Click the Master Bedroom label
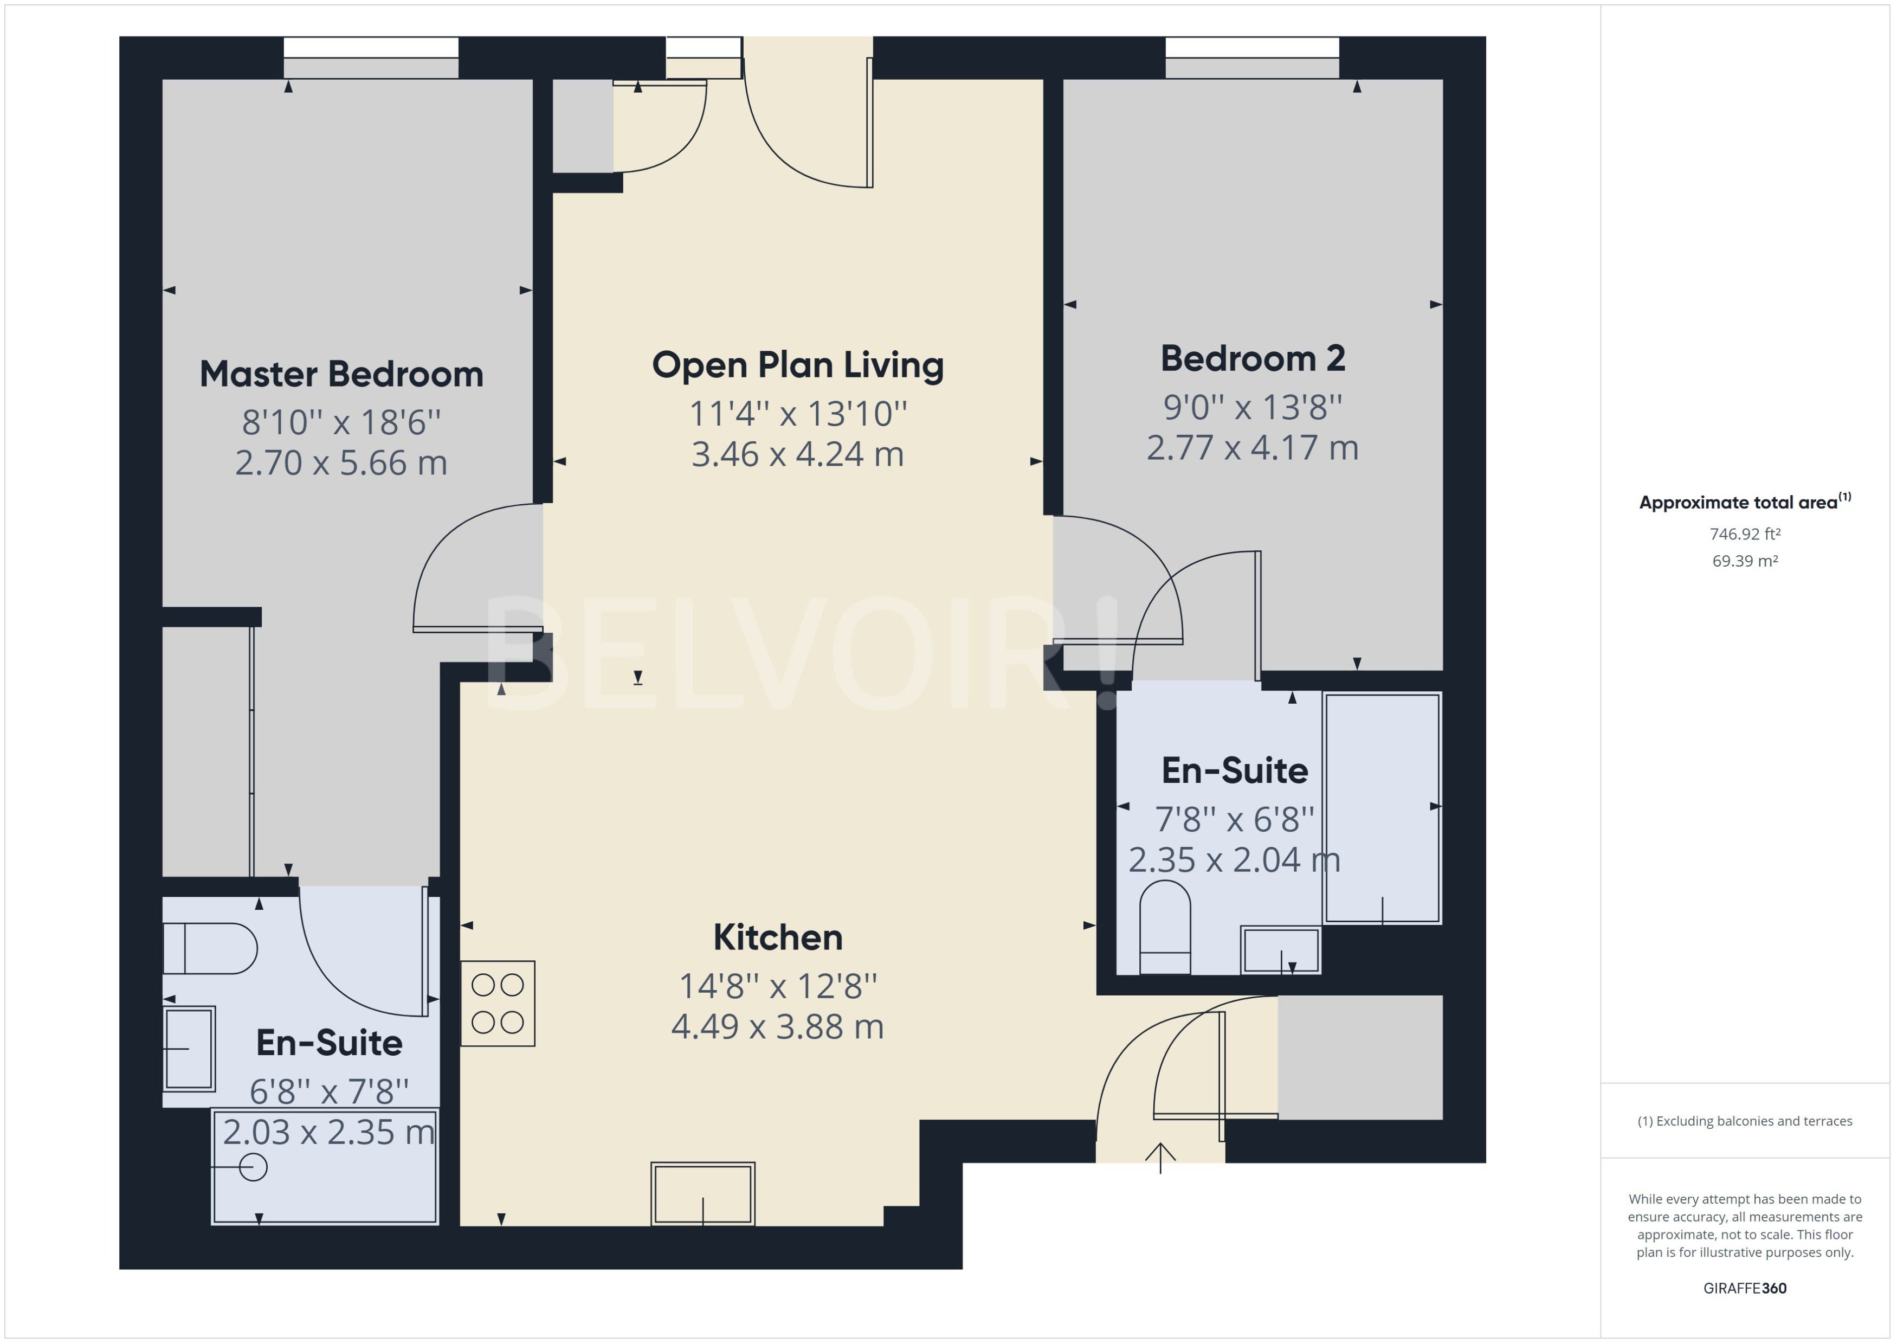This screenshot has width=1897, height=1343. pyautogui.click(x=341, y=374)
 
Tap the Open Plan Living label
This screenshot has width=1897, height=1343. pyautogui.click(x=798, y=365)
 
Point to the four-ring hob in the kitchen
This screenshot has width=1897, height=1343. pyautogui.click(x=498, y=1003)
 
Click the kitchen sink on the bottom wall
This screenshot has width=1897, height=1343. pyautogui.click(x=702, y=1193)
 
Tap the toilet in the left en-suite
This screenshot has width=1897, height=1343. pyautogui.click(x=210, y=948)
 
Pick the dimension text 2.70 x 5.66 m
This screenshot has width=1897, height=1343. pyautogui.click(x=341, y=463)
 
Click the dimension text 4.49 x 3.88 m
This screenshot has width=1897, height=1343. pyautogui.click(x=778, y=1027)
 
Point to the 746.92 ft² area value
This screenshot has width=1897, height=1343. pyautogui.click(x=1745, y=534)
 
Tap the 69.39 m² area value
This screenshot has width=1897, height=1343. pyautogui.click(x=1745, y=561)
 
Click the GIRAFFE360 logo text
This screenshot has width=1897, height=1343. pyautogui.click(x=1745, y=1288)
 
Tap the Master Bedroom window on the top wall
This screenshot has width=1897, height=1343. pyautogui.click(x=371, y=58)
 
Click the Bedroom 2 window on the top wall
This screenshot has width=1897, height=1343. pyautogui.click(x=1252, y=58)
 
